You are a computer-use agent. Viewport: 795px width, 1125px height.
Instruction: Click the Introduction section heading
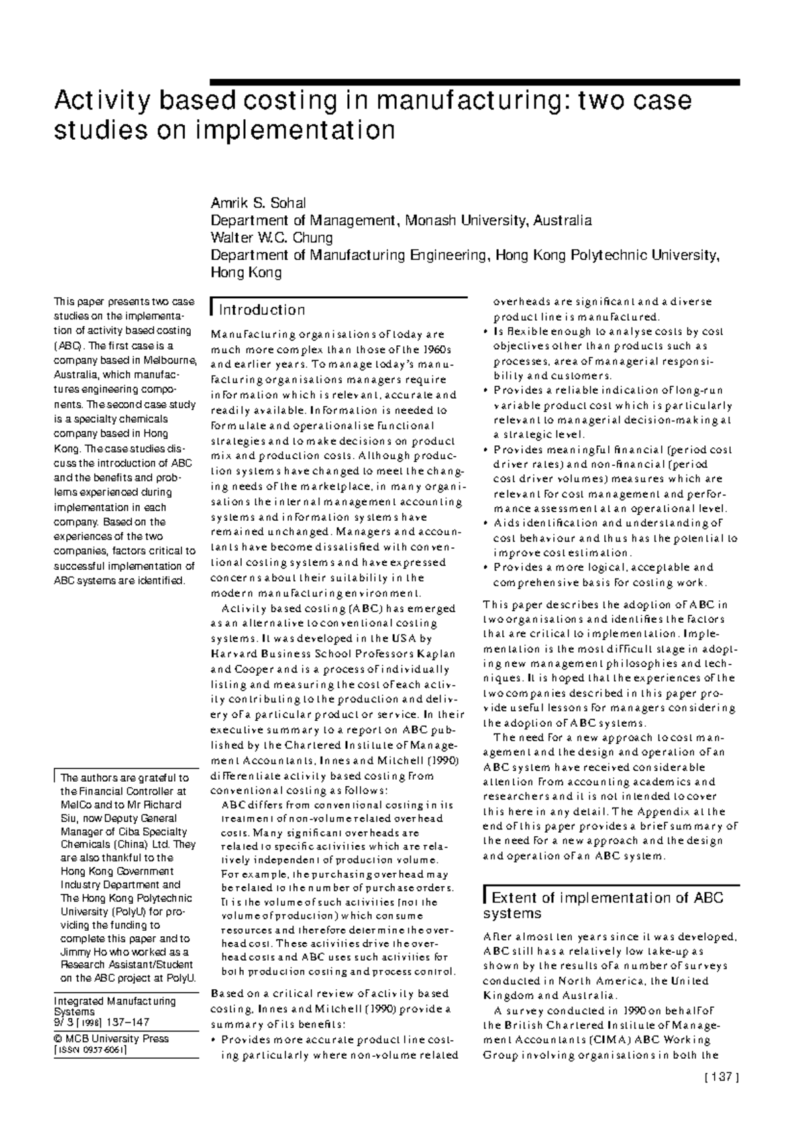[262, 310]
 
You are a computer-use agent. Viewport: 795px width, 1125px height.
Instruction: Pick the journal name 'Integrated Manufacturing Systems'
[114, 1006]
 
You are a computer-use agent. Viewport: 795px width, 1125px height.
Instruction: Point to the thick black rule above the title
[474, 83]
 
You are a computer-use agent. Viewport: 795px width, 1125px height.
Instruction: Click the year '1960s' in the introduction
[437, 349]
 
